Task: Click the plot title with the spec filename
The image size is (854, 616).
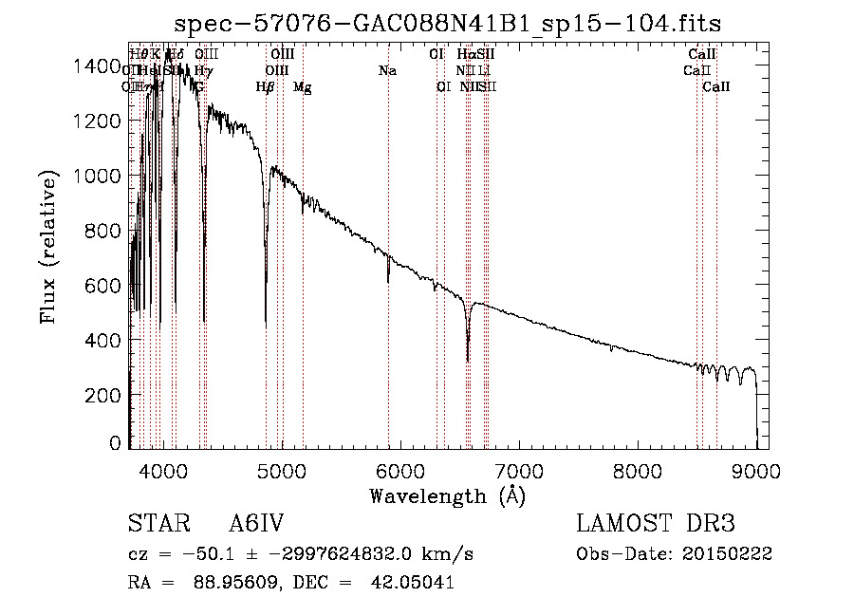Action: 456,23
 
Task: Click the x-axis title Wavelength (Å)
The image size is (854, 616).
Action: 447,495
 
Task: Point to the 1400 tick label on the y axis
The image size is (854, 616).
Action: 100,65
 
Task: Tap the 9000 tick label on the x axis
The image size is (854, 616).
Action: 755,469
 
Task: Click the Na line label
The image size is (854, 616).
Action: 387,70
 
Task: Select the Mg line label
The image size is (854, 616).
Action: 302,87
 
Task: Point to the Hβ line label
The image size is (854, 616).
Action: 266,87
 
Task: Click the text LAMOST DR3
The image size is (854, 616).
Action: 655,524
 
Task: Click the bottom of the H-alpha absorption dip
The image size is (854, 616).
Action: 468,360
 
